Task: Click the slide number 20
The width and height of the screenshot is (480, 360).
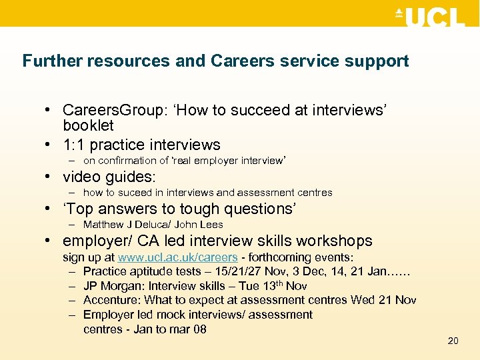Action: click(453, 341)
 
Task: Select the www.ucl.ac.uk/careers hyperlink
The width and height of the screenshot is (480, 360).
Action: click(178, 257)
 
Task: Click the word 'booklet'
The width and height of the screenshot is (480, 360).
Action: click(88, 125)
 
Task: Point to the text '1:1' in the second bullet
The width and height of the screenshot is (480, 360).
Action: click(74, 145)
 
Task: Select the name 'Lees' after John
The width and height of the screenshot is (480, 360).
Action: click(211, 225)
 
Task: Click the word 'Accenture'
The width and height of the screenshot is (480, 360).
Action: click(111, 300)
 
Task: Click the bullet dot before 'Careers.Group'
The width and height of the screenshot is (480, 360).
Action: click(51, 110)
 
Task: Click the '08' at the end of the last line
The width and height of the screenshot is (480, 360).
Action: click(199, 329)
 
